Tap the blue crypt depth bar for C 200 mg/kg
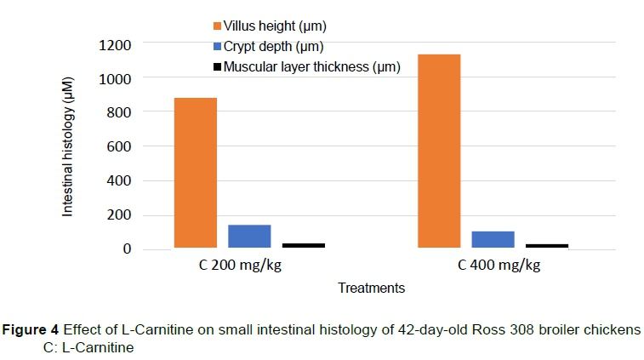(249, 236)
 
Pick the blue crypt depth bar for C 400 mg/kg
(493, 239)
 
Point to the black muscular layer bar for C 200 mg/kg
(304, 245)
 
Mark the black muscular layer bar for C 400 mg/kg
(547, 245)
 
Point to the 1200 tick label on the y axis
(117, 44)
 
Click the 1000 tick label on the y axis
(117, 78)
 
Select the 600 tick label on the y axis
(120, 146)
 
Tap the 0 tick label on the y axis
(127, 249)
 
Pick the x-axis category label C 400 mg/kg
(499, 265)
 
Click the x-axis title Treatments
(371, 288)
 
